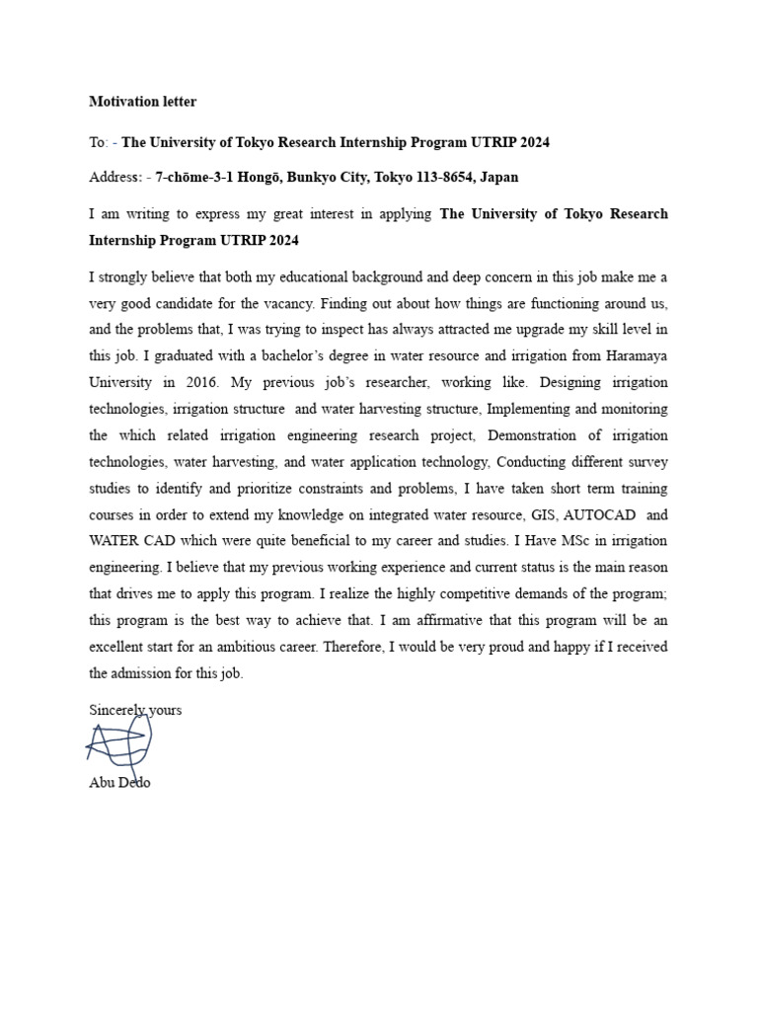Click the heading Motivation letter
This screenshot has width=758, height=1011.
[142, 102]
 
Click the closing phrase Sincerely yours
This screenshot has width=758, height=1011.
[135, 710]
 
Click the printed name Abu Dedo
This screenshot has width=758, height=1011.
[119, 783]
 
